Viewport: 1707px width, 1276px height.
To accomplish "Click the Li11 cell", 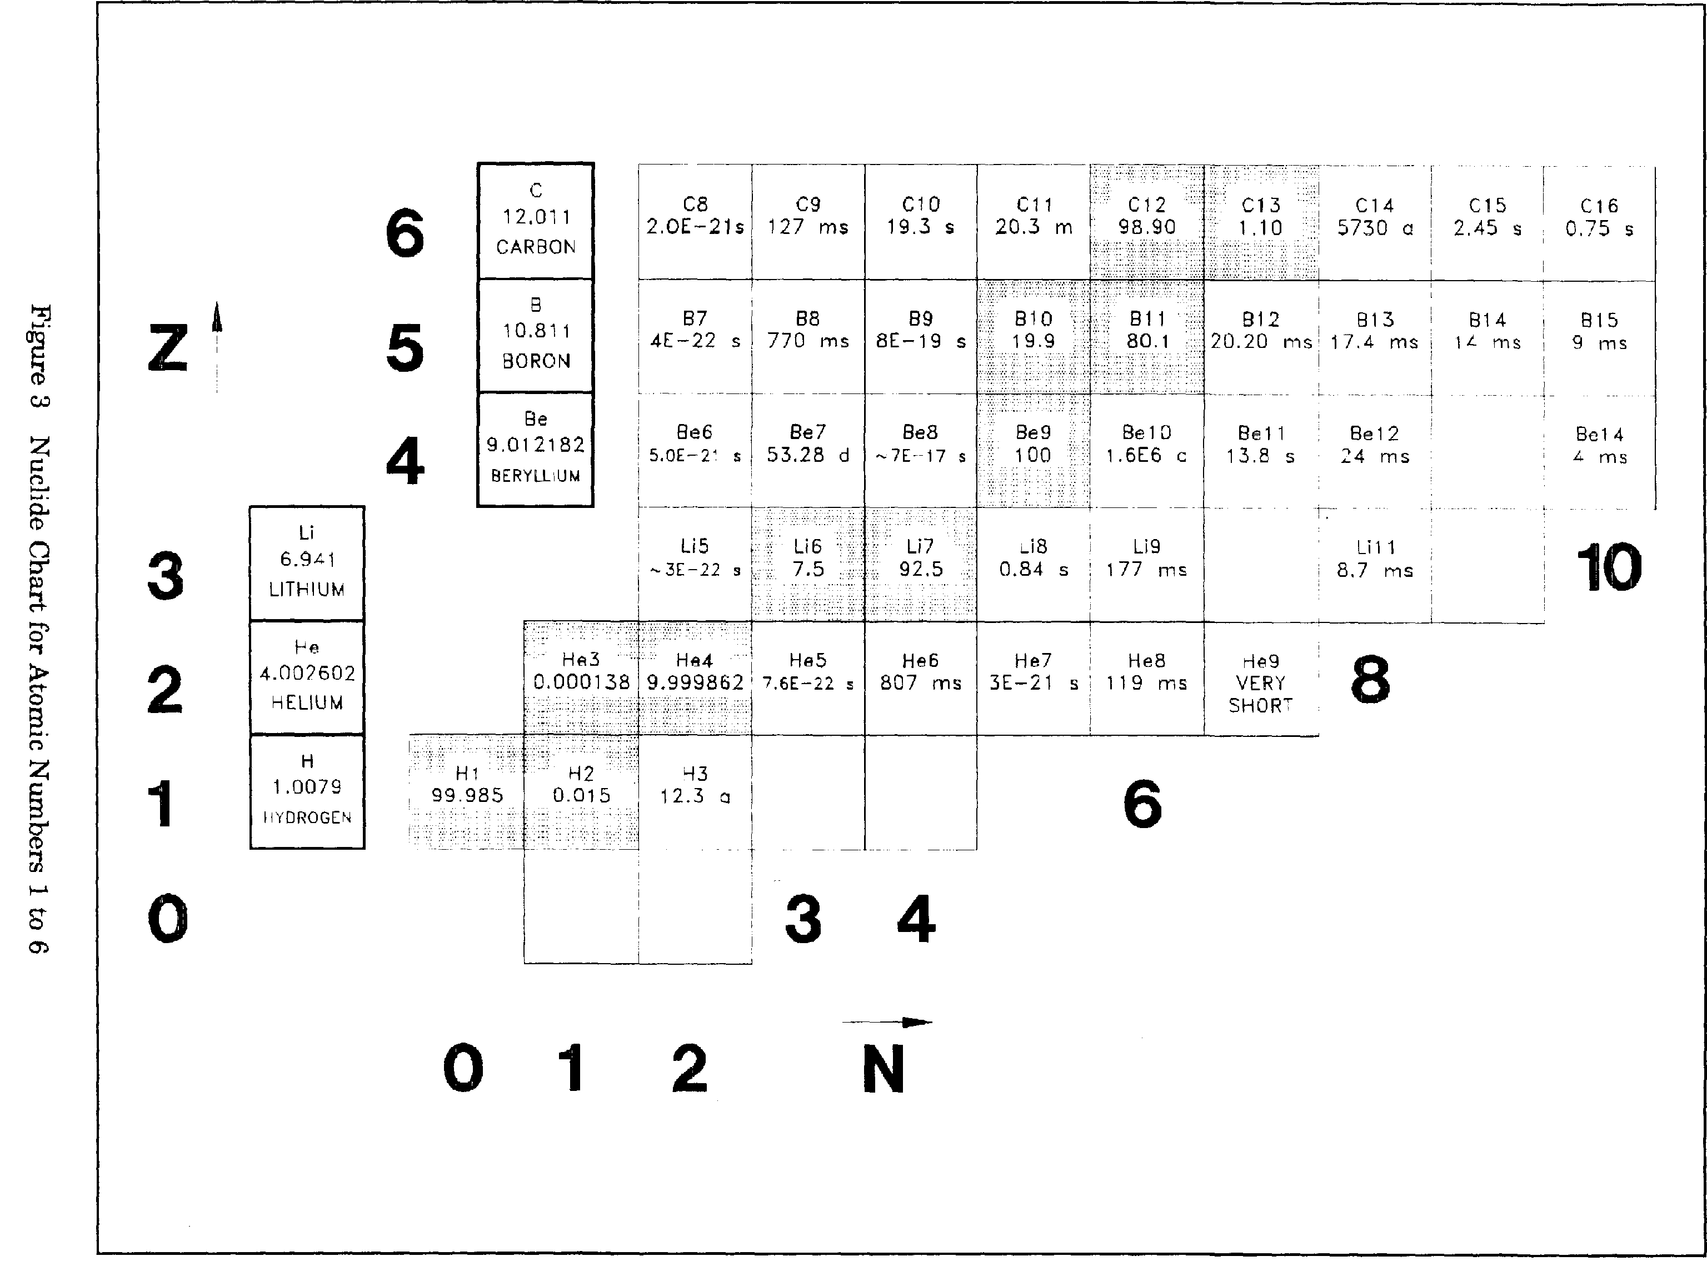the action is coord(1374,563).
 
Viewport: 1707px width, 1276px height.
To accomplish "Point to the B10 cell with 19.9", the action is coord(1034,335).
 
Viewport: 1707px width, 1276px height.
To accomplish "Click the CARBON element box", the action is coord(536,220).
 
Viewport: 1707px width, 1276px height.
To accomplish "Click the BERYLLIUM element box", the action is coord(536,448).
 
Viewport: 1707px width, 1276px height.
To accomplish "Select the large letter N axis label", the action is coord(884,1069).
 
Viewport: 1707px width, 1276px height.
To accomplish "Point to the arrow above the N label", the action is coord(887,1023).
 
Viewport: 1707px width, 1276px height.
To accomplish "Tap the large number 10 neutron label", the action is coord(1609,567).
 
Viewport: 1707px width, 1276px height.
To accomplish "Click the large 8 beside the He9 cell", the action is coord(1370,679).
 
